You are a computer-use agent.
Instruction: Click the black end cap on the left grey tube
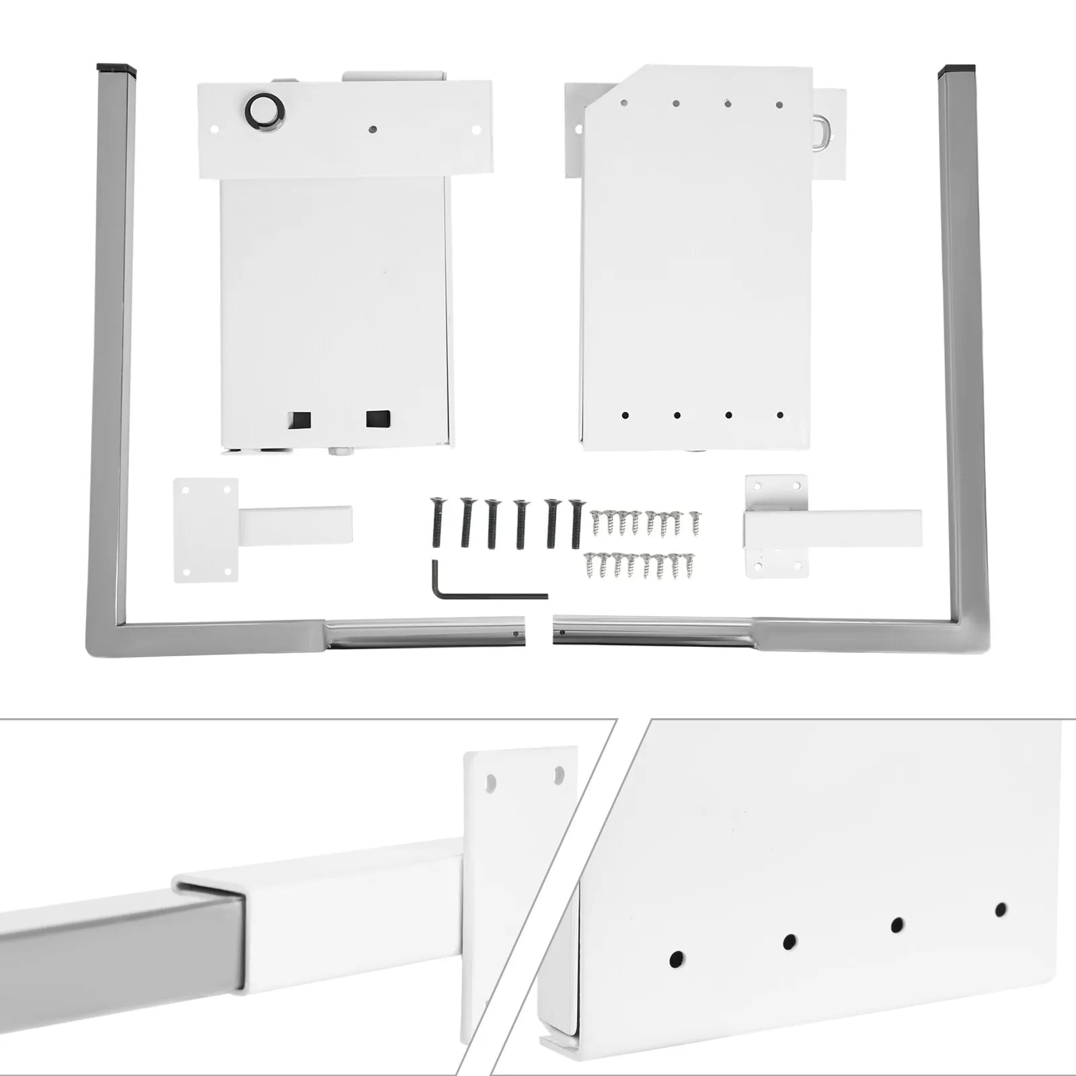(x=116, y=69)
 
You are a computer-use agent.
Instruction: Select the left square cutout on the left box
(x=300, y=420)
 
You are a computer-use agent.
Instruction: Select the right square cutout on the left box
(x=378, y=419)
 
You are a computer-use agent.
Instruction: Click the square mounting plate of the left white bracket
(x=205, y=529)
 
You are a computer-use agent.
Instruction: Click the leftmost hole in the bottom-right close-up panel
(x=677, y=956)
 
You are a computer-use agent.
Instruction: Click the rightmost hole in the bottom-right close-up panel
(x=1001, y=909)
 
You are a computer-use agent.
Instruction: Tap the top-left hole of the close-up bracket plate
(x=492, y=783)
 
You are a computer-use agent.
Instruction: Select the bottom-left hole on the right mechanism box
(x=625, y=416)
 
